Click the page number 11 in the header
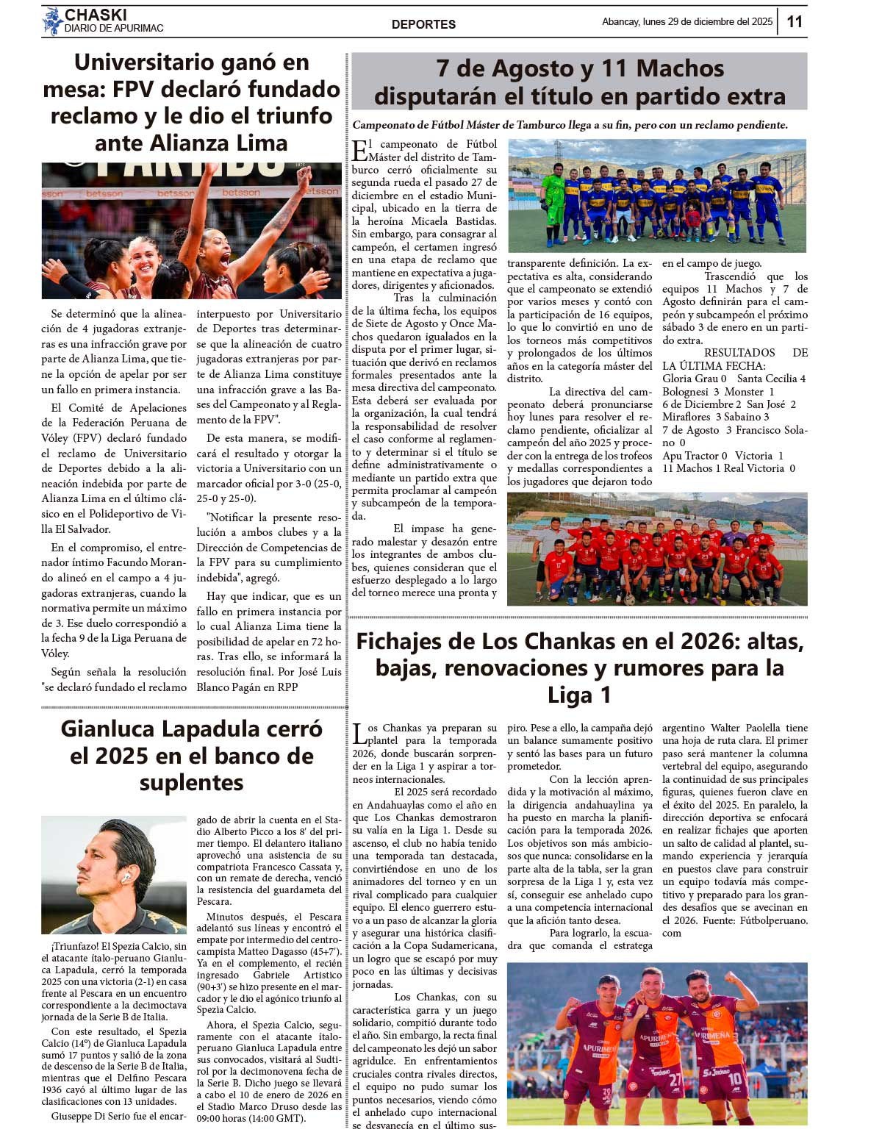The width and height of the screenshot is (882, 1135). pyautogui.click(x=795, y=21)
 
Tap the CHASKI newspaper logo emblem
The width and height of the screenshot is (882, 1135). pyautogui.click(x=52, y=21)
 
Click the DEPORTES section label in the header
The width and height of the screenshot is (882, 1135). pyautogui.click(x=423, y=24)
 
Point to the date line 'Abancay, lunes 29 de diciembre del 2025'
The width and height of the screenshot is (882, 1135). pyautogui.click(x=687, y=22)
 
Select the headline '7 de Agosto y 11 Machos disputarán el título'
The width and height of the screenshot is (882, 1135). pyautogui.click(x=579, y=82)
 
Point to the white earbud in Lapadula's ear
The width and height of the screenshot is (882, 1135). pyautogui.click(x=126, y=877)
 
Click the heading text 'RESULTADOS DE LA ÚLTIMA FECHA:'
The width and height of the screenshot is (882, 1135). pyautogui.click(x=734, y=359)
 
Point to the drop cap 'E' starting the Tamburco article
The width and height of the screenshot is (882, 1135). pyautogui.click(x=359, y=151)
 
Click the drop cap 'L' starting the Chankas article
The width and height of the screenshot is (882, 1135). pyautogui.click(x=359, y=734)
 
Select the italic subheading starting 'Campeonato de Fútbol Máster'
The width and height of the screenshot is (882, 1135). pyautogui.click(x=570, y=125)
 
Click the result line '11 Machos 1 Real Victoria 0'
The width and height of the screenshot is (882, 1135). pyautogui.click(x=728, y=468)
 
